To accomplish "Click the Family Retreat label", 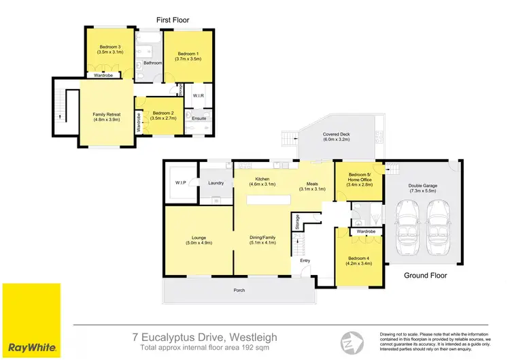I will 106,116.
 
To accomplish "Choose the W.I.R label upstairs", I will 199,95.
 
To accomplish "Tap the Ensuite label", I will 199,118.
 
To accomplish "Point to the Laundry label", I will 216,182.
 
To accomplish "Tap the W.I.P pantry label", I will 181,182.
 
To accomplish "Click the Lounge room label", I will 198,240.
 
